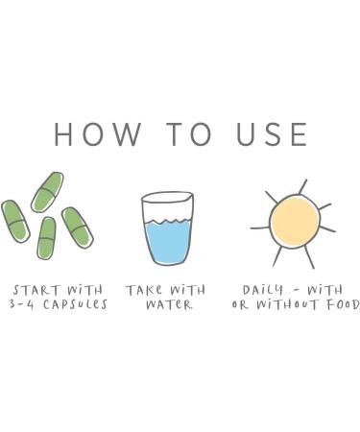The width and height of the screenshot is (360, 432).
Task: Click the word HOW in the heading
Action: point(98,133)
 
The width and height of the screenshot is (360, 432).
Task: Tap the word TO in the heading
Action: point(190,133)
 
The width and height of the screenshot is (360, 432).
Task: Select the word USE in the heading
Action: point(272,133)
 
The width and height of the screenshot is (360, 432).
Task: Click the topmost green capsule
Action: point(47,192)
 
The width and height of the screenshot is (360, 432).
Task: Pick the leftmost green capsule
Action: point(15,221)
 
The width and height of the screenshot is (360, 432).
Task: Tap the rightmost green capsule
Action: point(78,228)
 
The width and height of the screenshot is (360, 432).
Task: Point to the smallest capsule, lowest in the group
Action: point(47,238)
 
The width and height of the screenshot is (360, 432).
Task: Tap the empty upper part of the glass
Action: point(167,206)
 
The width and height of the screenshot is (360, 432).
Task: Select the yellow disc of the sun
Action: point(295,222)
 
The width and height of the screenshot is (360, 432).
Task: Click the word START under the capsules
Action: point(36,290)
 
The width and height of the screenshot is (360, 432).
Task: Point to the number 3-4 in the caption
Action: point(21,304)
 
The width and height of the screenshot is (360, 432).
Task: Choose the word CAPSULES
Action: point(75,304)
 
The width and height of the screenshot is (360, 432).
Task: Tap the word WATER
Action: point(169,304)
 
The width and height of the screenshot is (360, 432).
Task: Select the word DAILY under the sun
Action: point(263,290)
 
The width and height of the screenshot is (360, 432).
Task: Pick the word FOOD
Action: point(343,304)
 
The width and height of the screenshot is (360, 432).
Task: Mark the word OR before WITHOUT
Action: point(240,305)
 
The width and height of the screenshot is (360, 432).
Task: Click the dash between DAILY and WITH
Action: point(297,291)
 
